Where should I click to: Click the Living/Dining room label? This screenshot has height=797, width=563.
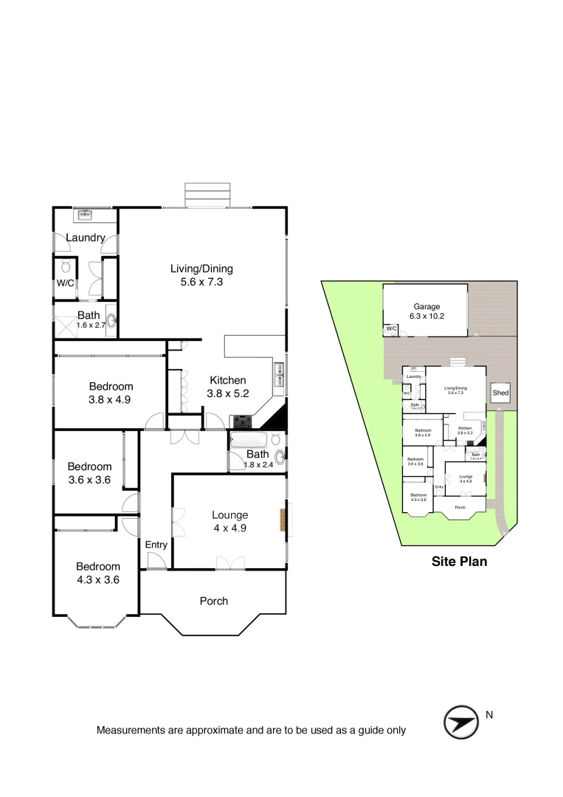point(201,269)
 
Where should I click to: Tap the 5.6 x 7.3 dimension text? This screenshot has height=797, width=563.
point(201,282)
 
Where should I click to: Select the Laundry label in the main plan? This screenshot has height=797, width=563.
point(86,238)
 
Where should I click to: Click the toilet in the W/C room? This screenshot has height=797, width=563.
point(66,267)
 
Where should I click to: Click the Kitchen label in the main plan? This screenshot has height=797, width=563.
point(227,380)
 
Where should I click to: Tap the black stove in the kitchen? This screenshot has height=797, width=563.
point(242,422)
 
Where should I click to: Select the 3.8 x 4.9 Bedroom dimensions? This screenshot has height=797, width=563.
point(111,399)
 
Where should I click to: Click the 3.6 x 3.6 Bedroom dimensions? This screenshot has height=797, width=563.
point(89,479)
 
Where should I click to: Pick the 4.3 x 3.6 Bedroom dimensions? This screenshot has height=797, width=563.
point(97,579)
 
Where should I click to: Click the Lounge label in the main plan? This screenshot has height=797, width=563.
point(229,515)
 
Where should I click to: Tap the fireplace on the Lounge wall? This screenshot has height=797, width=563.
point(281,520)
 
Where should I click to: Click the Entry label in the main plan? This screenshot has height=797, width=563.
point(156,545)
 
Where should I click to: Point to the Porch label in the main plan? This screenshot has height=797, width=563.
point(214,601)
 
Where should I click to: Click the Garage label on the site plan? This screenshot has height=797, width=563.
point(426,306)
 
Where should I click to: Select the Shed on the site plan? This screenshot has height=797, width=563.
point(500,393)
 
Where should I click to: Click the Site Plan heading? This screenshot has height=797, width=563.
point(459,562)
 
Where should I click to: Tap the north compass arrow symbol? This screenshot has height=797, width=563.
point(460,722)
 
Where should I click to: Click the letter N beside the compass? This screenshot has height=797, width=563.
point(489,715)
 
